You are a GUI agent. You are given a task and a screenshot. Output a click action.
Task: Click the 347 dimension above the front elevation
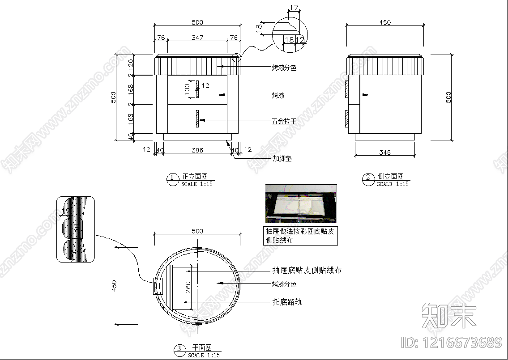(197, 38)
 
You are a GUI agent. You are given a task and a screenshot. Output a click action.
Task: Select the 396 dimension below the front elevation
(197, 150)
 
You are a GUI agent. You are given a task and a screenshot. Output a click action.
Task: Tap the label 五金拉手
(284, 121)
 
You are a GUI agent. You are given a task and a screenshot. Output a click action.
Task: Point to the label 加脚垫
(282, 158)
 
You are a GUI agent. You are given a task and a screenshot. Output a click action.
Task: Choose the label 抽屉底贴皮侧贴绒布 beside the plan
(307, 270)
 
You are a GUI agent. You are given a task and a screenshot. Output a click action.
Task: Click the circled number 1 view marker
(172, 179)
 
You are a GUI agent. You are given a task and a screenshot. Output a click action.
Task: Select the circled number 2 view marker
(368, 179)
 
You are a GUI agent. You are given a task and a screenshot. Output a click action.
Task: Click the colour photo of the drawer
(301, 203)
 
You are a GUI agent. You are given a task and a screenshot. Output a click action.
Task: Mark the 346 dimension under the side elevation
(384, 152)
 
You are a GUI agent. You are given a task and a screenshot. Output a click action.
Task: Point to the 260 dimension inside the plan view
(188, 286)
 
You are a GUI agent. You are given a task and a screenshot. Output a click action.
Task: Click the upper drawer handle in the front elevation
(196, 89)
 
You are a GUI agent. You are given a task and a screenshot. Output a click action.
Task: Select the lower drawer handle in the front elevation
(196, 119)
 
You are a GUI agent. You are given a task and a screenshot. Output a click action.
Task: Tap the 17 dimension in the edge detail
(294, 7)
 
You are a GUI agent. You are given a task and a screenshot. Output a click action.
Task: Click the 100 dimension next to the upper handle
(187, 89)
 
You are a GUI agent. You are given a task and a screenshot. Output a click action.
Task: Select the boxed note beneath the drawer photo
(300, 236)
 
